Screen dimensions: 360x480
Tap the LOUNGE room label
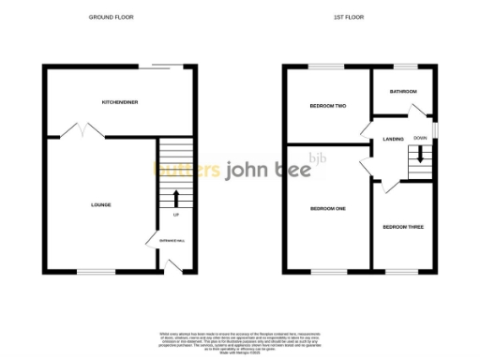[101, 204]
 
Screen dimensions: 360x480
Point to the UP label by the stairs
[176, 216]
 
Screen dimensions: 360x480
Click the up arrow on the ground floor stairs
[176, 198]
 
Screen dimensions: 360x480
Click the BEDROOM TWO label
[328, 107]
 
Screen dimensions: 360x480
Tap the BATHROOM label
[403, 91]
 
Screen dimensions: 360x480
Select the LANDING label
[394, 140]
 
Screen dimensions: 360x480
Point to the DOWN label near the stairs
[420, 138]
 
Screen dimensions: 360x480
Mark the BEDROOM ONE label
[328, 209]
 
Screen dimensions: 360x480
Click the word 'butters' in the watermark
[187, 170]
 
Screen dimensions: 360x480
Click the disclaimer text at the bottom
[240, 341]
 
